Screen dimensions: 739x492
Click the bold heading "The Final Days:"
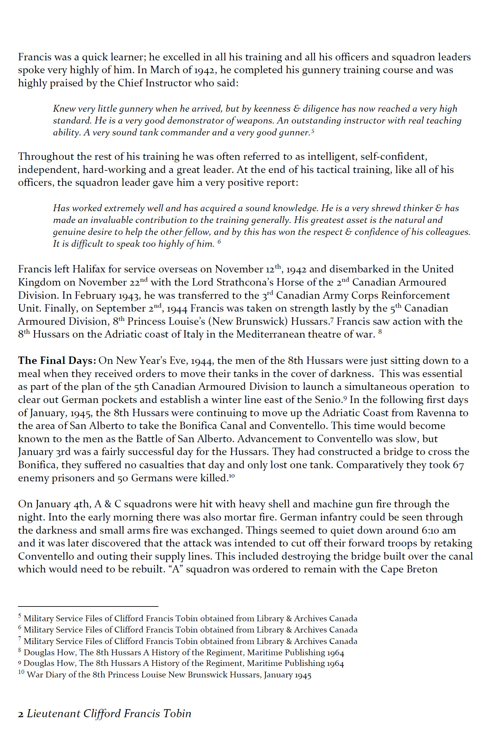[x=57, y=361]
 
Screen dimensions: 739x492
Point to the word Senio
[x=331, y=400]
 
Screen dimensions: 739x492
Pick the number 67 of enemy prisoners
[x=458, y=465]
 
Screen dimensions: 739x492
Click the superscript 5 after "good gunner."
[x=312, y=131]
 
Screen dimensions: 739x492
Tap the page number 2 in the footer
[x=21, y=714]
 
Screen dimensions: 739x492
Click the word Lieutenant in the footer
[x=53, y=713]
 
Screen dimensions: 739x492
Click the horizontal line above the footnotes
[x=88, y=606]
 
